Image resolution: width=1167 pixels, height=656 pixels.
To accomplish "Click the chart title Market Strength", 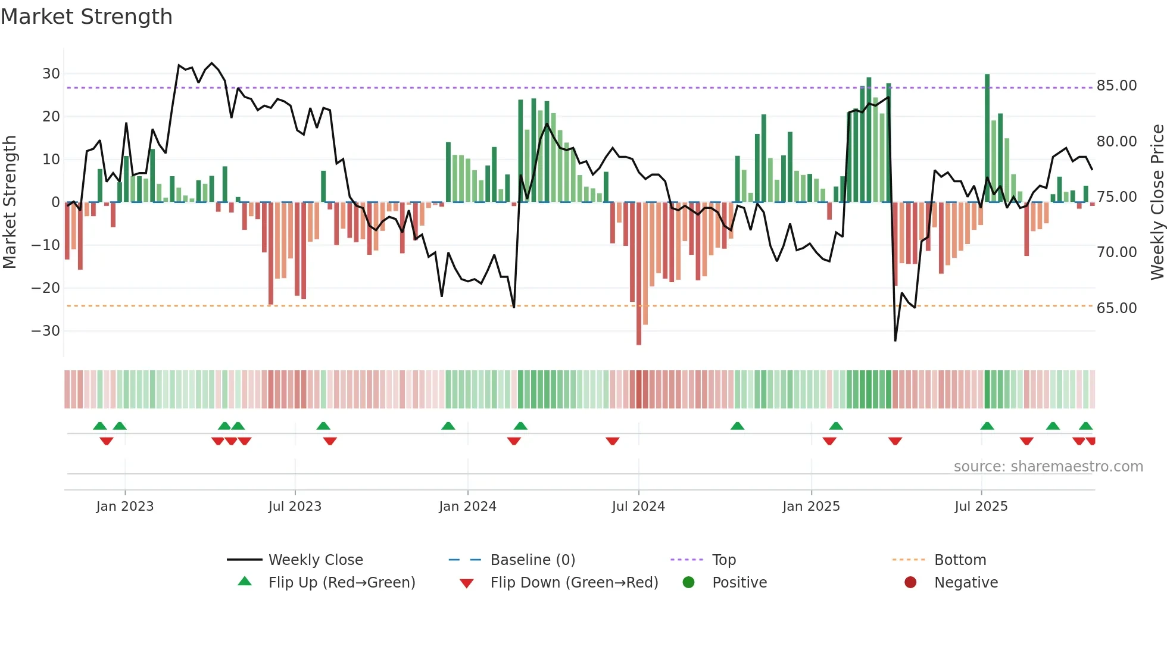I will coord(86,17).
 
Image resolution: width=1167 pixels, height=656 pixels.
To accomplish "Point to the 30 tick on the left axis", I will coord(51,74).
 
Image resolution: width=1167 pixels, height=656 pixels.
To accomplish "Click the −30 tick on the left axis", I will coord(46,331).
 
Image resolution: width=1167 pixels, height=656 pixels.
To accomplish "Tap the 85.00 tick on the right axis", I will coord(1116,86).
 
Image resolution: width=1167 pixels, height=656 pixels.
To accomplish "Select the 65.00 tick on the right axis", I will coord(1116,308).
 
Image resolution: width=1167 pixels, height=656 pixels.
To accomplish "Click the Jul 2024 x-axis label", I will coord(638,507).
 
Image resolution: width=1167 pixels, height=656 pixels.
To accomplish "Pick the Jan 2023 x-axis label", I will coord(125,507).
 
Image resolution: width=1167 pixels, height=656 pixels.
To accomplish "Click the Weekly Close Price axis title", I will coord(1157,202).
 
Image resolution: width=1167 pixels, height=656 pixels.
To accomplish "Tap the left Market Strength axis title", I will coord(10,202).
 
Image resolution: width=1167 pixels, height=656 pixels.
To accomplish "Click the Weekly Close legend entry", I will coord(315,560).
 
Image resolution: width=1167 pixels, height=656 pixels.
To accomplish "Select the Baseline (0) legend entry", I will coord(532,560).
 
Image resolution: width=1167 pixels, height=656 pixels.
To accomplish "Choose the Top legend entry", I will coord(723,560).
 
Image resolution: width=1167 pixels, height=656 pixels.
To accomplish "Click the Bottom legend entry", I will coord(960,560).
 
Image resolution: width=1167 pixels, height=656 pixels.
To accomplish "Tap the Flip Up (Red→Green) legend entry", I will coord(341,583).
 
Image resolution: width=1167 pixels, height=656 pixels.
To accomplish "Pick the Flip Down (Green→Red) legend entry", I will coord(574,583).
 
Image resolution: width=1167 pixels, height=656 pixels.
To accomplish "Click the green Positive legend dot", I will coord(688,583).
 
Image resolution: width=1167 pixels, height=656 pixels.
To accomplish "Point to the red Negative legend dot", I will coord(910,583).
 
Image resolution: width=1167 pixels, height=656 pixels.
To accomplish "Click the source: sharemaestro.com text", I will coord(1048,467).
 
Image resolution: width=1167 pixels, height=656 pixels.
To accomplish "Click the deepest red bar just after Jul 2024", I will coord(639,274).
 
